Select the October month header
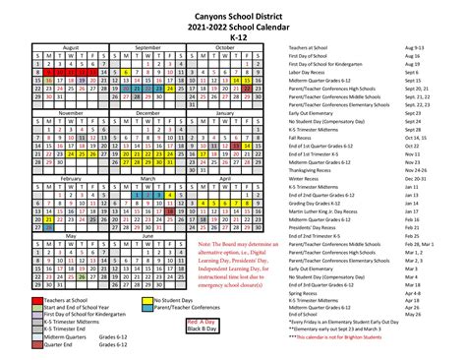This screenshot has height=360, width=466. click(226, 47)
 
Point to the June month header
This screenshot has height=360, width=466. click(148, 236)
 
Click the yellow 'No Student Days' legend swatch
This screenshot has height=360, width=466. click(147, 300)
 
